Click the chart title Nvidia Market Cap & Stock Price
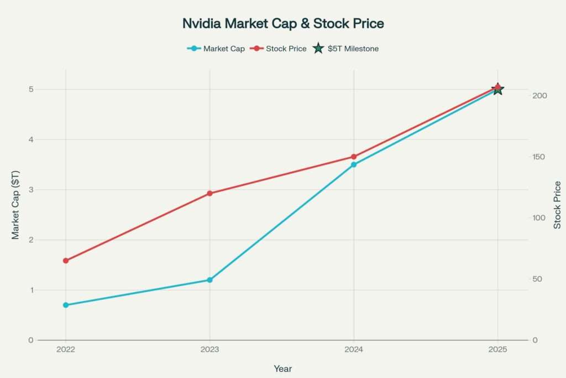pos(283,24)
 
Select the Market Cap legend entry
pos(216,49)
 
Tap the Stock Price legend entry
pos(280,49)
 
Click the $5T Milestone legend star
pos(318,49)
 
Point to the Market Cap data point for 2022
pos(66,305)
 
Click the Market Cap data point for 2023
pos(209,280)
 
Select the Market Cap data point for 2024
pos(354,164)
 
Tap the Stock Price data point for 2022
pos(66,261)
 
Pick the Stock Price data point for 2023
pos(209,194)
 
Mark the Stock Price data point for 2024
pos(354,157)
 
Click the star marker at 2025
pos(497,89)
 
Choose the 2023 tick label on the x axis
pos(209,350)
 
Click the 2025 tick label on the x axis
pos(497,350)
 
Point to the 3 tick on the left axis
pos(30,190)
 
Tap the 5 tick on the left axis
pos(30,90)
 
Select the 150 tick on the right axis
pos(539,157)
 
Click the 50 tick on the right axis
pos(537,279)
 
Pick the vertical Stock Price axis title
pos(557,205)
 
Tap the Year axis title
pos(282,369)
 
